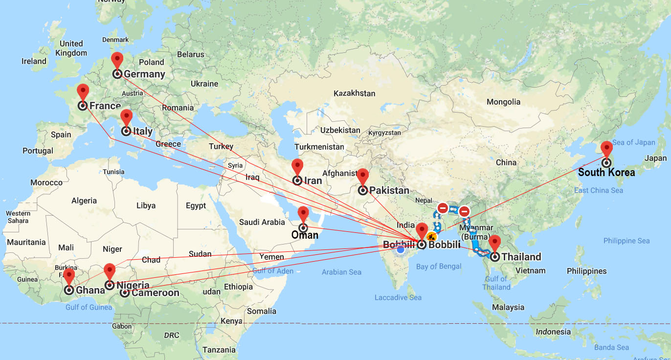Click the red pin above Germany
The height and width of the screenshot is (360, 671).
tap(117, 60)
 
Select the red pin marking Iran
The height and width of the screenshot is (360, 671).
tap(297, 167)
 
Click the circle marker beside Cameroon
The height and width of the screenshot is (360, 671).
tap(125, 293)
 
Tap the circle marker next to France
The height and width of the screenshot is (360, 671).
tap(83, 105)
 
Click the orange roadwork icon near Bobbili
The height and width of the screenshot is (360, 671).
tap(431, 236)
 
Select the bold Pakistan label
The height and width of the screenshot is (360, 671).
tap(389, 190)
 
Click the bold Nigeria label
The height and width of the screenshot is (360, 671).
tap(133, 285)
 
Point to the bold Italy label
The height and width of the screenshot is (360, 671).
tap(143, 131)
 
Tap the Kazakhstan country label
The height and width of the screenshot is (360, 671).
tap(354, 93)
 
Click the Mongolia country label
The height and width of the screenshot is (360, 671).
tap(504, 102)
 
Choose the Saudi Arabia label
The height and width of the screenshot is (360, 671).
tap(262, 222)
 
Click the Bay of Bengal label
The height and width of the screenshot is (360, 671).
tap(439, 267)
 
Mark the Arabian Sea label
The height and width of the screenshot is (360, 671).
tap(341, 272)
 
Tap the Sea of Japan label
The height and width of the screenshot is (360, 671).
tap(633, 142)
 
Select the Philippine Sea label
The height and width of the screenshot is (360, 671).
tap(626, 241)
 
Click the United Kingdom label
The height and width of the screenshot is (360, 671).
tap(71, 48)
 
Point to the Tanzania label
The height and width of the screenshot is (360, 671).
tap(219, 350)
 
